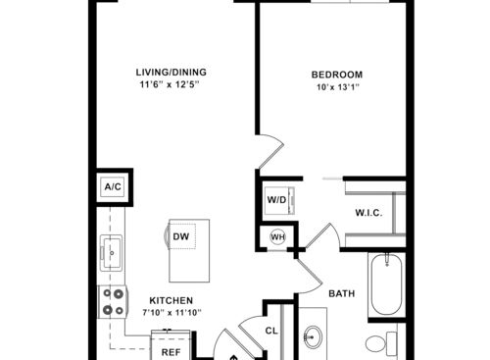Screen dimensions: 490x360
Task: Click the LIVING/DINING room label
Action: [171, 73]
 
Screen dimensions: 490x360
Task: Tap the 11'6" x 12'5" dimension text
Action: [170, 84]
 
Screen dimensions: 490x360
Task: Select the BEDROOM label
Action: [337, 75]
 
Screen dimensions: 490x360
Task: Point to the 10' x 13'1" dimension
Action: [338, 87]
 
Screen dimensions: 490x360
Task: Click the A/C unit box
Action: [113, 186]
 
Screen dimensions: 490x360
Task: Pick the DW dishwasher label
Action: [180, 236]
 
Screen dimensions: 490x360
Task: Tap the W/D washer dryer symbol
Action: [279, 200]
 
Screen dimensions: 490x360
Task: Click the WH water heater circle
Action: [278, 236]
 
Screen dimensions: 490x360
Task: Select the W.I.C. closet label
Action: [368, 213]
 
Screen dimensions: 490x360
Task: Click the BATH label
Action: [342, 293]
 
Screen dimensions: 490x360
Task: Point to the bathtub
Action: [387, 284]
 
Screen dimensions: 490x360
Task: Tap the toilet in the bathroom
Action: [381, 343]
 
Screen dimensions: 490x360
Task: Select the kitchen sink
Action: [112, 253]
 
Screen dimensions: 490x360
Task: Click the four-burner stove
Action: [113, 301]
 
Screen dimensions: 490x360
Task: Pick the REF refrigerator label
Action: [171, 352]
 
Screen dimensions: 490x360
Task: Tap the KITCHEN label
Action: [171, 300]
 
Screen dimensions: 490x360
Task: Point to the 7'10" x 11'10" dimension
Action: [171, 313]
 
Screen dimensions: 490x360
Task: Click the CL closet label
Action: [271, 331]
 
